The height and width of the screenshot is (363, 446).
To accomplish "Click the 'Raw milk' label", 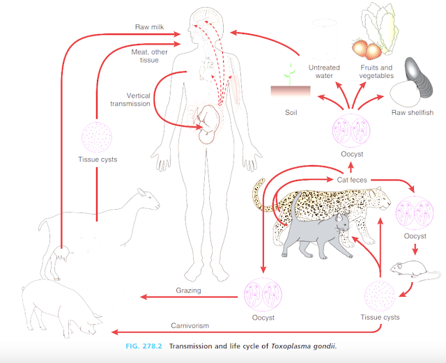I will coord(150,27).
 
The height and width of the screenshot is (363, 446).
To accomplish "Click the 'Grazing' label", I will coord(187,289).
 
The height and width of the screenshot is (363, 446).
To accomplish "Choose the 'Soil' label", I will coord(291,111).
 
